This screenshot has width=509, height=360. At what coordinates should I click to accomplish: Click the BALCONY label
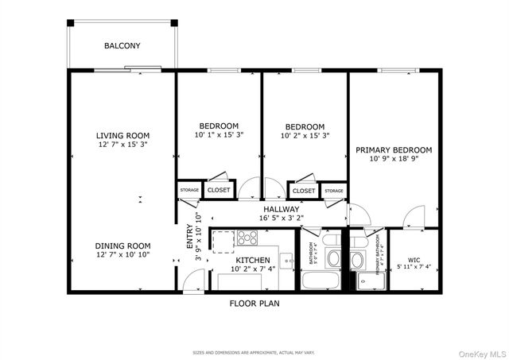[x=122, y=46]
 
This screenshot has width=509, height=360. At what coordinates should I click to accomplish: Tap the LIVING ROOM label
[x=123, y=135]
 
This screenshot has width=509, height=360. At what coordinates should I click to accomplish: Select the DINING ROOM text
[x=123, y=246]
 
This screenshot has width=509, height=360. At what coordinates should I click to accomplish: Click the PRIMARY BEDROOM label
[x=394, y=149]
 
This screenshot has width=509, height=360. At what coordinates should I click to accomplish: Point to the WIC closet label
[x=414, y=259]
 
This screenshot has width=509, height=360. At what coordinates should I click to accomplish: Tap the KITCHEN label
[x=252, y=260]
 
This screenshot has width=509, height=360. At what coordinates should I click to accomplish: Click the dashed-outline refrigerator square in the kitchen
[x=223, y=238]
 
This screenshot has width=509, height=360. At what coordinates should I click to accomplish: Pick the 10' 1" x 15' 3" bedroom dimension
[x=218, y=135]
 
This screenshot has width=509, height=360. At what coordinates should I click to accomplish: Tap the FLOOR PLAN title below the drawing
[x=254, y=304]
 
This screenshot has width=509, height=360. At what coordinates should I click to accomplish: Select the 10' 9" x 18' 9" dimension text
[x=394, y=159]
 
